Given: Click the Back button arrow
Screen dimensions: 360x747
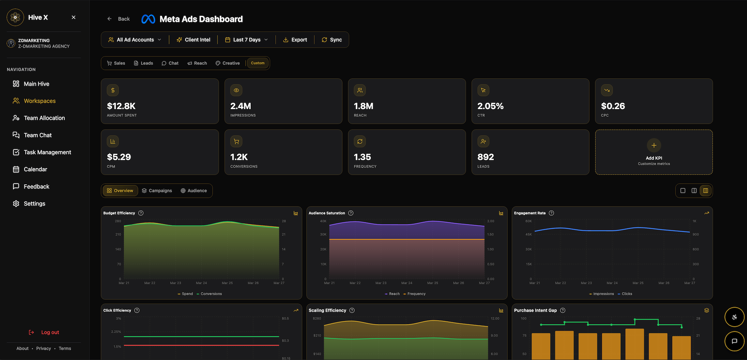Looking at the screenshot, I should click(x=109, y=19).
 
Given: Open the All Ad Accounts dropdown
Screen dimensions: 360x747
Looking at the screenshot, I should click(x=135, y=40).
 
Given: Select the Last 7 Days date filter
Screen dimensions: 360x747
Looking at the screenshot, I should click(x=246, y=40).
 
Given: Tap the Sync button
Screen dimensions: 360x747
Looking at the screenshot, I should click(x=331, y=40).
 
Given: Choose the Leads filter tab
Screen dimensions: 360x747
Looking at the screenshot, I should click(x=143, y=63).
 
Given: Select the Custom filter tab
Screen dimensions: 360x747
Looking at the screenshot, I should click(x=258, y=63).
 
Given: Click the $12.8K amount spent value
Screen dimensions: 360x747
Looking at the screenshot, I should click(x=121, y=106).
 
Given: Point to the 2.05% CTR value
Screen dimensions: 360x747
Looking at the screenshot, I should click(x=490, y=106).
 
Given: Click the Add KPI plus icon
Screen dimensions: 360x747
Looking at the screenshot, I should click(x=654, y=145).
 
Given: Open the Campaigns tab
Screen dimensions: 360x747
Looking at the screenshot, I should click(x=157, y=191).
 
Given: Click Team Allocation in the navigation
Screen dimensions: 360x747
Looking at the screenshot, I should click(x=44, y=118).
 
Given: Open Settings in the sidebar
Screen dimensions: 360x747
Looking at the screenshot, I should click(x=34, y=204).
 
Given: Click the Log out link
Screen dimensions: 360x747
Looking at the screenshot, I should click(x=50, y=332).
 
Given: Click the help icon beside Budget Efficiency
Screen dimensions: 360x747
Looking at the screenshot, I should click(x=141, y=213).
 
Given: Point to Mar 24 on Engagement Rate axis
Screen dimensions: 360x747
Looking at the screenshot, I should click(x=612, y=283).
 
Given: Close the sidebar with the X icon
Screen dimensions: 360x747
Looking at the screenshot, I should click(x=73, y=17).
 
